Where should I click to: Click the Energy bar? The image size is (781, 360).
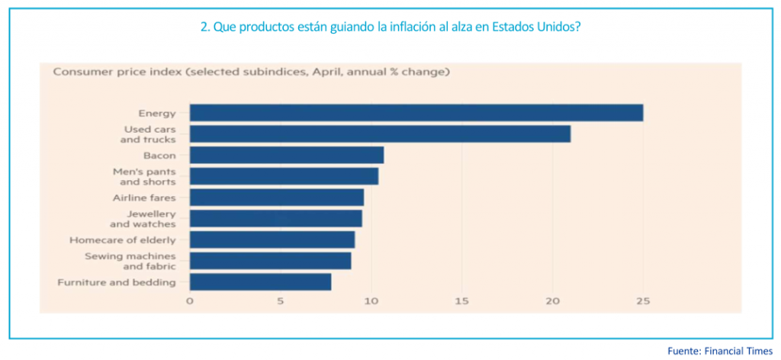point(416,113)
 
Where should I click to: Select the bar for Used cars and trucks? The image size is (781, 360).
point(380,134)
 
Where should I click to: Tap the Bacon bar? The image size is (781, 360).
point(286,156)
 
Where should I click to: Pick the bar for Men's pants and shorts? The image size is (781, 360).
point(284,176)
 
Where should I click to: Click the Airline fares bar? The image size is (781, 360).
point(276,198)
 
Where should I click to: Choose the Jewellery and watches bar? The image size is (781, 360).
point(275,218)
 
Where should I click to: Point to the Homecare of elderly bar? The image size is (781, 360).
point(272,239)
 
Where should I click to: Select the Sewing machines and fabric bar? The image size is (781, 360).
point(270,260)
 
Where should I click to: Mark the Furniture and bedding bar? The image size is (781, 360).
point(260,281)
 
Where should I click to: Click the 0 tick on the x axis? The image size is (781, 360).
point(190,301)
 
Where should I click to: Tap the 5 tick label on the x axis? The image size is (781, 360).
point(281,301)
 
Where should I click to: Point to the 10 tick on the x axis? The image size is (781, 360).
point(371,301)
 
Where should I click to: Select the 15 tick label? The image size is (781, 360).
point(461,301)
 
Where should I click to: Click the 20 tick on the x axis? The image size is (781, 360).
point(552,301)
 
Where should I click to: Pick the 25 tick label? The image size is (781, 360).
point(643,301)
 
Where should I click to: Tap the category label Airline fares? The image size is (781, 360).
point(145,198)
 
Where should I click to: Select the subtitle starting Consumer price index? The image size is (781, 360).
point(251,72)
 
